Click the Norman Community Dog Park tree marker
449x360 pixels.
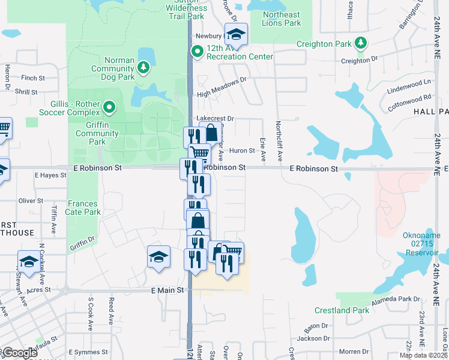(143, 67)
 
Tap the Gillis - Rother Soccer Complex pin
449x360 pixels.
(109, 108)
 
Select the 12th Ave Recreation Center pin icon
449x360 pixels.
(196, 52)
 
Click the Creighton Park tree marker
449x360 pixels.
(360, 43)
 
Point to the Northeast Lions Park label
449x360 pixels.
(281, 19)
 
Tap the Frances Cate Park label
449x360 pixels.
(84, 208)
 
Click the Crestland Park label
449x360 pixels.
(342, 310)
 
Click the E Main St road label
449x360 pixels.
(166, 290)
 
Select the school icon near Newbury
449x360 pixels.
(236, 35)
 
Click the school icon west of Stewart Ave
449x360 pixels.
(28, 261)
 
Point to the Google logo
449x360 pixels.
(20, 353)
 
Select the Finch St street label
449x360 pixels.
(33, 78)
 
